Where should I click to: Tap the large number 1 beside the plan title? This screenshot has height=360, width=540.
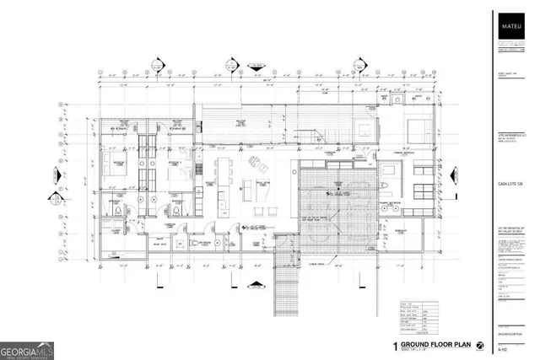coord(394,346)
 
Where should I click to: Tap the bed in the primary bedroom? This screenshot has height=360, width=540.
coord(420,131)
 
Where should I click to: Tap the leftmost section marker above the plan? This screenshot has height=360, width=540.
coord(155,62)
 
